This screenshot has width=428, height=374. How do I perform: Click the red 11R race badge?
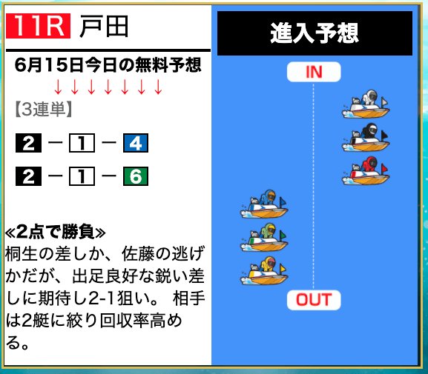[39, 26]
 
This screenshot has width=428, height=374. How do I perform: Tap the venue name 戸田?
[104, 26]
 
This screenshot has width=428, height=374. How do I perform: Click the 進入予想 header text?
[315, 33]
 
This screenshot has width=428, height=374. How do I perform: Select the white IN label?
[314, 72]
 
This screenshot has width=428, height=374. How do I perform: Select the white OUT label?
[314, 300]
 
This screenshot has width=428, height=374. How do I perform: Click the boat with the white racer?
[366, 104]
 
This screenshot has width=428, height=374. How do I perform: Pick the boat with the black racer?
[366, 138]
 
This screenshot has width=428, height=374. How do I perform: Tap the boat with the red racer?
[366, 170]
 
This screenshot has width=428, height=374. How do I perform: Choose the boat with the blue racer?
[264, 204]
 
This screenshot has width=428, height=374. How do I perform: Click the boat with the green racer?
[264, 237]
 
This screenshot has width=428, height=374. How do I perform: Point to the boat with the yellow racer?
[264, 270]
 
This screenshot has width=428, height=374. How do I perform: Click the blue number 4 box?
[136, 143]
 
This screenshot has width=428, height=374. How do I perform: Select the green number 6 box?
[136, 176]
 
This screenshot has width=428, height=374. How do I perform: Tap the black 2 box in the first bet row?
[28, 143]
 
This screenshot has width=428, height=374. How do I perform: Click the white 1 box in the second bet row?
[82, 176]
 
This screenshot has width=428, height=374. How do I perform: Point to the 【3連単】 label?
[44, 110]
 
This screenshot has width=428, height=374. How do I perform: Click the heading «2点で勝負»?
[55, 233]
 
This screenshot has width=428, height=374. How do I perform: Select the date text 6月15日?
[49, 65]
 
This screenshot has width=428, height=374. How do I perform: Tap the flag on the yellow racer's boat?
[283, 269]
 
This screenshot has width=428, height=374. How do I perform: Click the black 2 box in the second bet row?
[28, 176]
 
